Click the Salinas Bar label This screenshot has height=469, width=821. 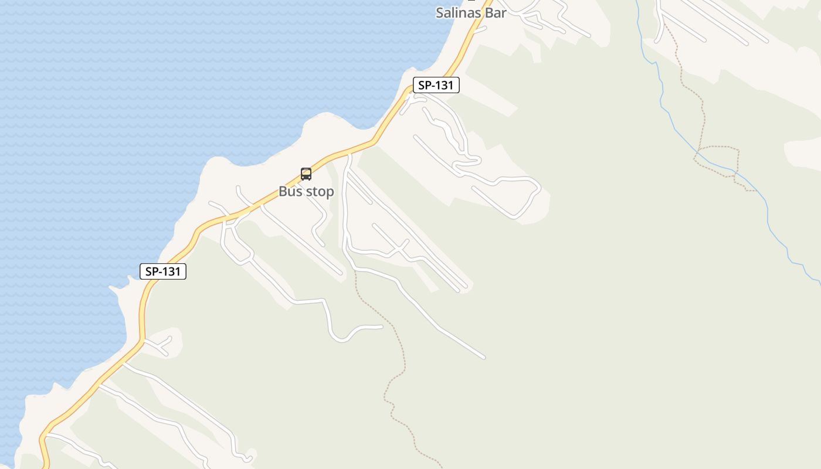[471, 13]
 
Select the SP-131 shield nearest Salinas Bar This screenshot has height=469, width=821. [436, 85]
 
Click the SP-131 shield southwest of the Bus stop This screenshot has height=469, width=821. [163, 271]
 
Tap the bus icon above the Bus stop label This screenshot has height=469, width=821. [306, 174]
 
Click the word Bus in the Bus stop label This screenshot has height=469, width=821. [291, 192]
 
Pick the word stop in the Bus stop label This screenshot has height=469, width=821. [319, 192]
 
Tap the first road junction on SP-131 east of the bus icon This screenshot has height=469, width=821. [350, 154]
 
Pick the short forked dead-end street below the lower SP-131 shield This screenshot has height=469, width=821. [158, 344]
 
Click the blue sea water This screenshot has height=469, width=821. [117, 88]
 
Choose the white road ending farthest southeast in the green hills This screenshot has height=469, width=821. [484, 356]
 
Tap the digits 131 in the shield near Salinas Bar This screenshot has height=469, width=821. [444, 85]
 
